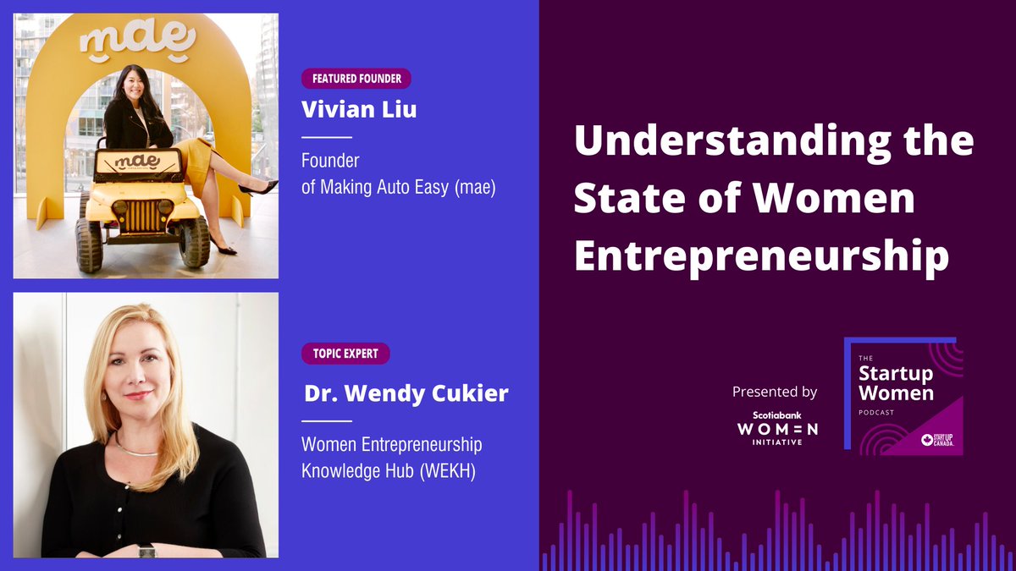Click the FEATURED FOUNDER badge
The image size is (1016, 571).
tap(356, 80)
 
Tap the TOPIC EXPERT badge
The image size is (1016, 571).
tap(345, 354)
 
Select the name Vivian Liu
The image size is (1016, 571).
tap(359, 110)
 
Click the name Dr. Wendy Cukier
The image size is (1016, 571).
tap(406, 394)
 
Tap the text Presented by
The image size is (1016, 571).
tap(775, 392)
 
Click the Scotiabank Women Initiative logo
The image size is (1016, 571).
tap(776, 428)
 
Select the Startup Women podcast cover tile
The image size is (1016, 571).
tap(903, 397)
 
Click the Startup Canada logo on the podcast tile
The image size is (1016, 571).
tap(938, 439)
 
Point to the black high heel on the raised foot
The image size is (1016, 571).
tap(258, 187)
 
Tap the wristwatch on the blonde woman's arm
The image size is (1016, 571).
tap(147, 551)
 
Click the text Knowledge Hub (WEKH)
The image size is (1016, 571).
tap(388, 470)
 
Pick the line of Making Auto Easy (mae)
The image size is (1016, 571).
tap(398, 188)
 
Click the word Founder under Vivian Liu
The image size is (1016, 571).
tap(330, 161)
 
